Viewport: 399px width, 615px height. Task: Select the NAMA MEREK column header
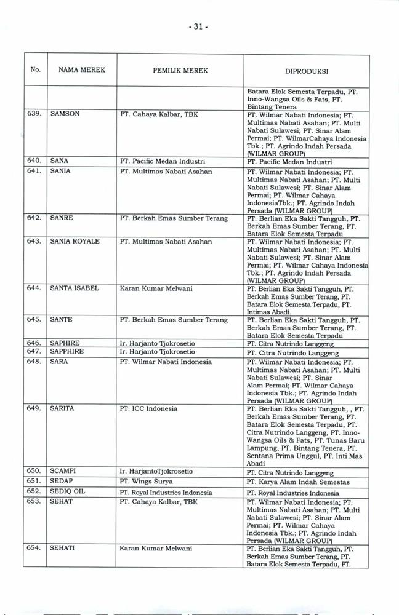click(82, 71)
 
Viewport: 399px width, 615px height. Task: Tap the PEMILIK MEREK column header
click(180, 71)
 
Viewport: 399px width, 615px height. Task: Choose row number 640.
click(34, 161)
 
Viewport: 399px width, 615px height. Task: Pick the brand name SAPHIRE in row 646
click(66, 343)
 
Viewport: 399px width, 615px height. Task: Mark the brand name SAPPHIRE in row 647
click(68, 352)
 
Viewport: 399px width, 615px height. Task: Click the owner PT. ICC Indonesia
click(148, 408)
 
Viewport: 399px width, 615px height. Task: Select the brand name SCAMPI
click(65, 472)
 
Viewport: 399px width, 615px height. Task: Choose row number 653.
click(34, 502)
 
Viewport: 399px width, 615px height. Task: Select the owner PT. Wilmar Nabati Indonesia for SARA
click(166, 362)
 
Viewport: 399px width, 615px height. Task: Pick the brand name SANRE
click(63, 218)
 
